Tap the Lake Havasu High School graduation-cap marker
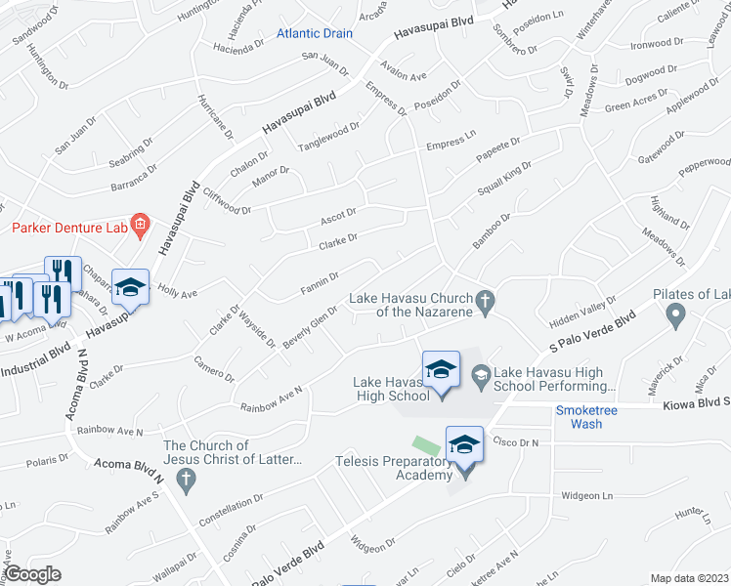click(x=441, y=370)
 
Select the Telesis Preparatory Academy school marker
click(x=464, y=446)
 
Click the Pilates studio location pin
click(x=674, y=314)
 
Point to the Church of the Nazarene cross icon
click(x=484, y=301)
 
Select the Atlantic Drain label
click(x=314, y=33)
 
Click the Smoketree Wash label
click(x=586, y=417)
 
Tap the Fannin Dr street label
click(x=319, y=283)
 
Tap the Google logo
click(x=32, y=573)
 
